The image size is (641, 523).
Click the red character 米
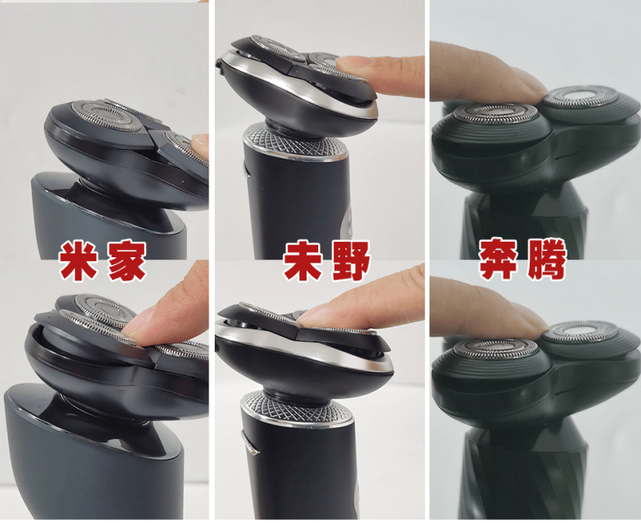coord(78,260)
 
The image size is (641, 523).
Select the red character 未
coord(303,260)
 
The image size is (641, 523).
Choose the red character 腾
coord(547,260)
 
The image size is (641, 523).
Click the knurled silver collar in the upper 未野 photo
coord(296,142)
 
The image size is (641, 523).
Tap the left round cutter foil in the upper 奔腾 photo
coord(497,114)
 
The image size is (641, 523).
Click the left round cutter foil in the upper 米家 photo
coord(107,116)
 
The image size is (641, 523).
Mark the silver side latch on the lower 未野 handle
coord(249,443)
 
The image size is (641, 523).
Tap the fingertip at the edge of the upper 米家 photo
coord(200,144)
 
